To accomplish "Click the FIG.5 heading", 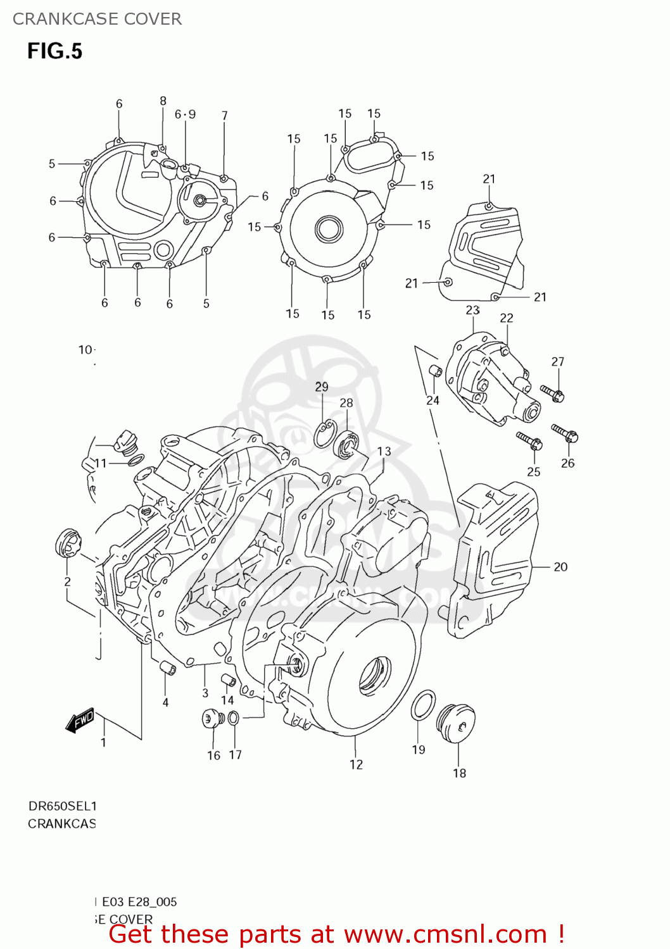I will pos(54,51).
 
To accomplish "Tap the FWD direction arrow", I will pos(80,721).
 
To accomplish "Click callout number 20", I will pos(560,567).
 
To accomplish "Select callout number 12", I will pos(356,764).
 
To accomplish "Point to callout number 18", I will pos(459,772).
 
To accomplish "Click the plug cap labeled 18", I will pos(456,722).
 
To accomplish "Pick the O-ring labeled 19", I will pos(422,705).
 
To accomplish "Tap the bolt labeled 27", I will pos(552,393).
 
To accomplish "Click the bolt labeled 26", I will pos(565,433).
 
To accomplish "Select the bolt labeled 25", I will pos(528,440).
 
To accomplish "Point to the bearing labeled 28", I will pos(347,443).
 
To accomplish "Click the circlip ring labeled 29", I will pos(324,433).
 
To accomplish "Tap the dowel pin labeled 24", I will pos(435,371).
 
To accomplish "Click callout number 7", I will pos(224,116).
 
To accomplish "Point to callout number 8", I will pos(163,101).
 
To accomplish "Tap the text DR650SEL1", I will pos(62,806).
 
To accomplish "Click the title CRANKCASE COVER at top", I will pos(97,19).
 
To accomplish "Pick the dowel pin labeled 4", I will pos(166,667).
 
